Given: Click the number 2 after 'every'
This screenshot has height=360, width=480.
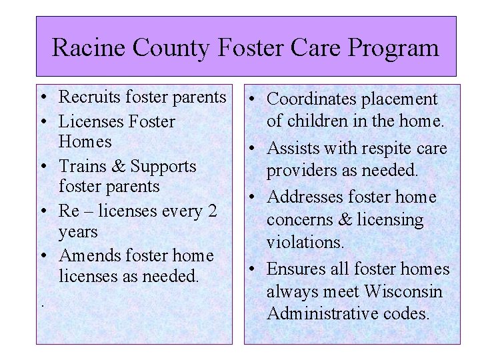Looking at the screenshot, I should click(x=212, y=211).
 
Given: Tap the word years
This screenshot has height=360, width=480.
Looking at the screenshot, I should click(x=79, y=232).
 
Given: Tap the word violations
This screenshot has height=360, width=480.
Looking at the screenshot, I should click(x=305, y=242).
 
